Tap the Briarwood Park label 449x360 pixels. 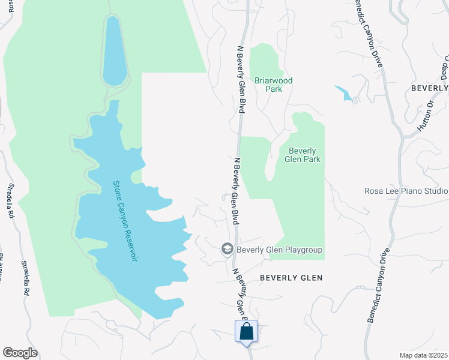pyautogui.click(x=273, y=85)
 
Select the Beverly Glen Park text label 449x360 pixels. pyautogui.click(x=304, y=155)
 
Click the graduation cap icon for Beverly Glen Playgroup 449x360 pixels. pyautogui.click(x=228, y=249)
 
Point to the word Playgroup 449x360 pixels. pyautogui.click(x=302, y=250)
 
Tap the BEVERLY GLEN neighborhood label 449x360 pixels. pyautogui.click(x=291, y=278)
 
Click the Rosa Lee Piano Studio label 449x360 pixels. pyautogui.click(x=406, y=191)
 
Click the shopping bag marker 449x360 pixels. pyautogui.click(x=247, y=331)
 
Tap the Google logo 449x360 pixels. pyautogui.click(x=20, y=353)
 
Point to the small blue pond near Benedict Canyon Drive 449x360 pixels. pyautogui.click(x=345, y=94)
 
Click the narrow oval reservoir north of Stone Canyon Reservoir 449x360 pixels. pyautogui.click(x=114, y=51)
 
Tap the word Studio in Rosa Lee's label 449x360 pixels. pyautogui.click(x=435, y=191)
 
